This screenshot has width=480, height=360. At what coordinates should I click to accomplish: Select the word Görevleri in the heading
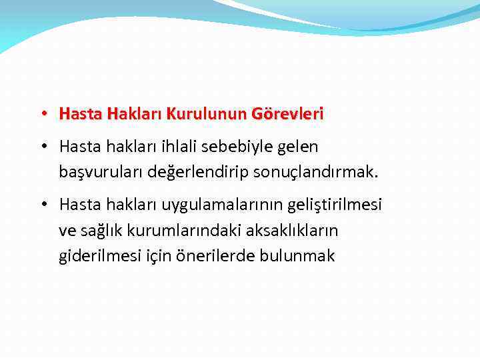[x=287, y=114]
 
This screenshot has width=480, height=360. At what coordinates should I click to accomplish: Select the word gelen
[x=297, y=145]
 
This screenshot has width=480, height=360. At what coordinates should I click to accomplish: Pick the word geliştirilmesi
[x=333, y=205]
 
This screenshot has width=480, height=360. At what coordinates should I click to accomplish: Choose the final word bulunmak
[x=302, y=256]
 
